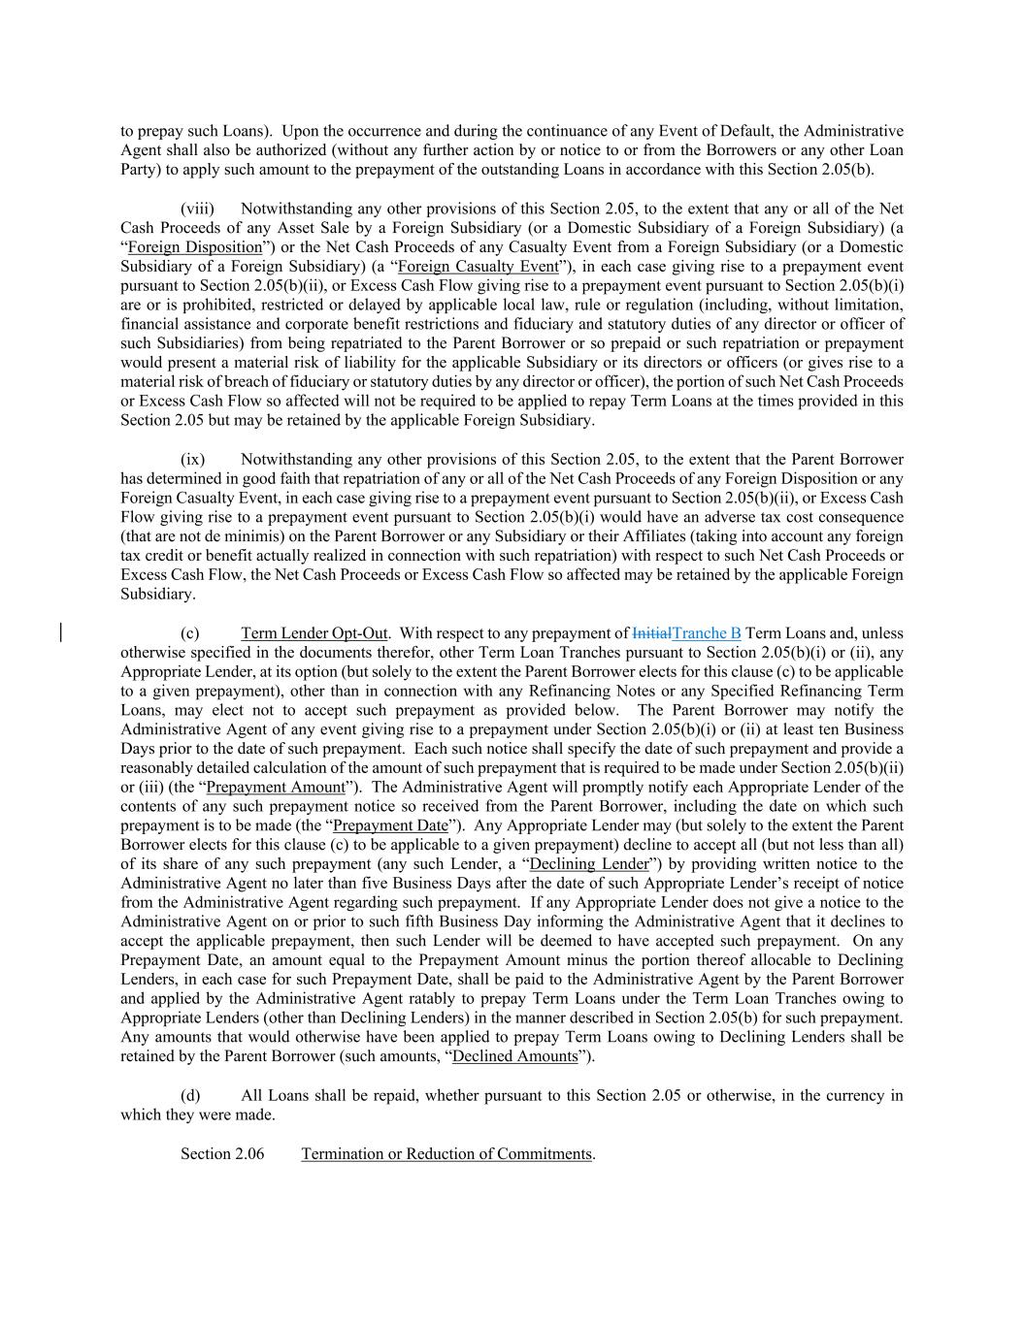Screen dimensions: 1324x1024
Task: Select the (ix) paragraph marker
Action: [x=192, y=460]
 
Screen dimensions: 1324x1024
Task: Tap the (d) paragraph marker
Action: [x=190, y=1096]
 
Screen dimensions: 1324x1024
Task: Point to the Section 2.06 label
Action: [x=222, y=1154]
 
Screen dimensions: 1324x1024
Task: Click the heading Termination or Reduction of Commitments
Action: [x=446, y=1154]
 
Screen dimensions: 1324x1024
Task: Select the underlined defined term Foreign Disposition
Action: [x=195, y=247]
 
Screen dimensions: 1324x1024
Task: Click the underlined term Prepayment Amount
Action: [x=276, y=788]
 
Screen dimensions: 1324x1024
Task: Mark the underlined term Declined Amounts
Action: [x=514, y=1056]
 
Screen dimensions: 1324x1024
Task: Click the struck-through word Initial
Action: [x=651, y=633]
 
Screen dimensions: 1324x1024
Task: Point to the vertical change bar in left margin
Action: [x=61, y=633]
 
